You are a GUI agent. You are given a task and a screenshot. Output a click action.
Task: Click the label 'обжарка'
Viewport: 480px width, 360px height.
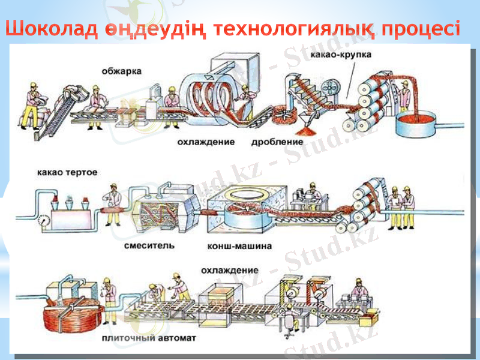pyautogui.click(x=122, y=70)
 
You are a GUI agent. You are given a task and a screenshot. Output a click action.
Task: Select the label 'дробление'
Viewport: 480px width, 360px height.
pyautogui.click(x=277, y=142)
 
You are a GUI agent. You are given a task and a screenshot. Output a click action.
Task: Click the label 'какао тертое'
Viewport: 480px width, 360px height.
pyautogui.click(x=67, y=172)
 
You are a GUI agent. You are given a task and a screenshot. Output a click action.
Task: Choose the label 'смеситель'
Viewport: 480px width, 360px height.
pyautogui.click(x=149, y=245)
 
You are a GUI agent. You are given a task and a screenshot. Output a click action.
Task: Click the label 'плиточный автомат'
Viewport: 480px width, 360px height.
pyautogui.click(x=149, y=338)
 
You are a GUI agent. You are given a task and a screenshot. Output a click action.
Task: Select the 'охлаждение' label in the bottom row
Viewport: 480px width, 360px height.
pyautogui.click(x=230, y=270)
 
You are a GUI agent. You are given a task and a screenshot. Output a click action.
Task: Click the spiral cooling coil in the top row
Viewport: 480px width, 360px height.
pyautogui.click(x=209, y=95)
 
